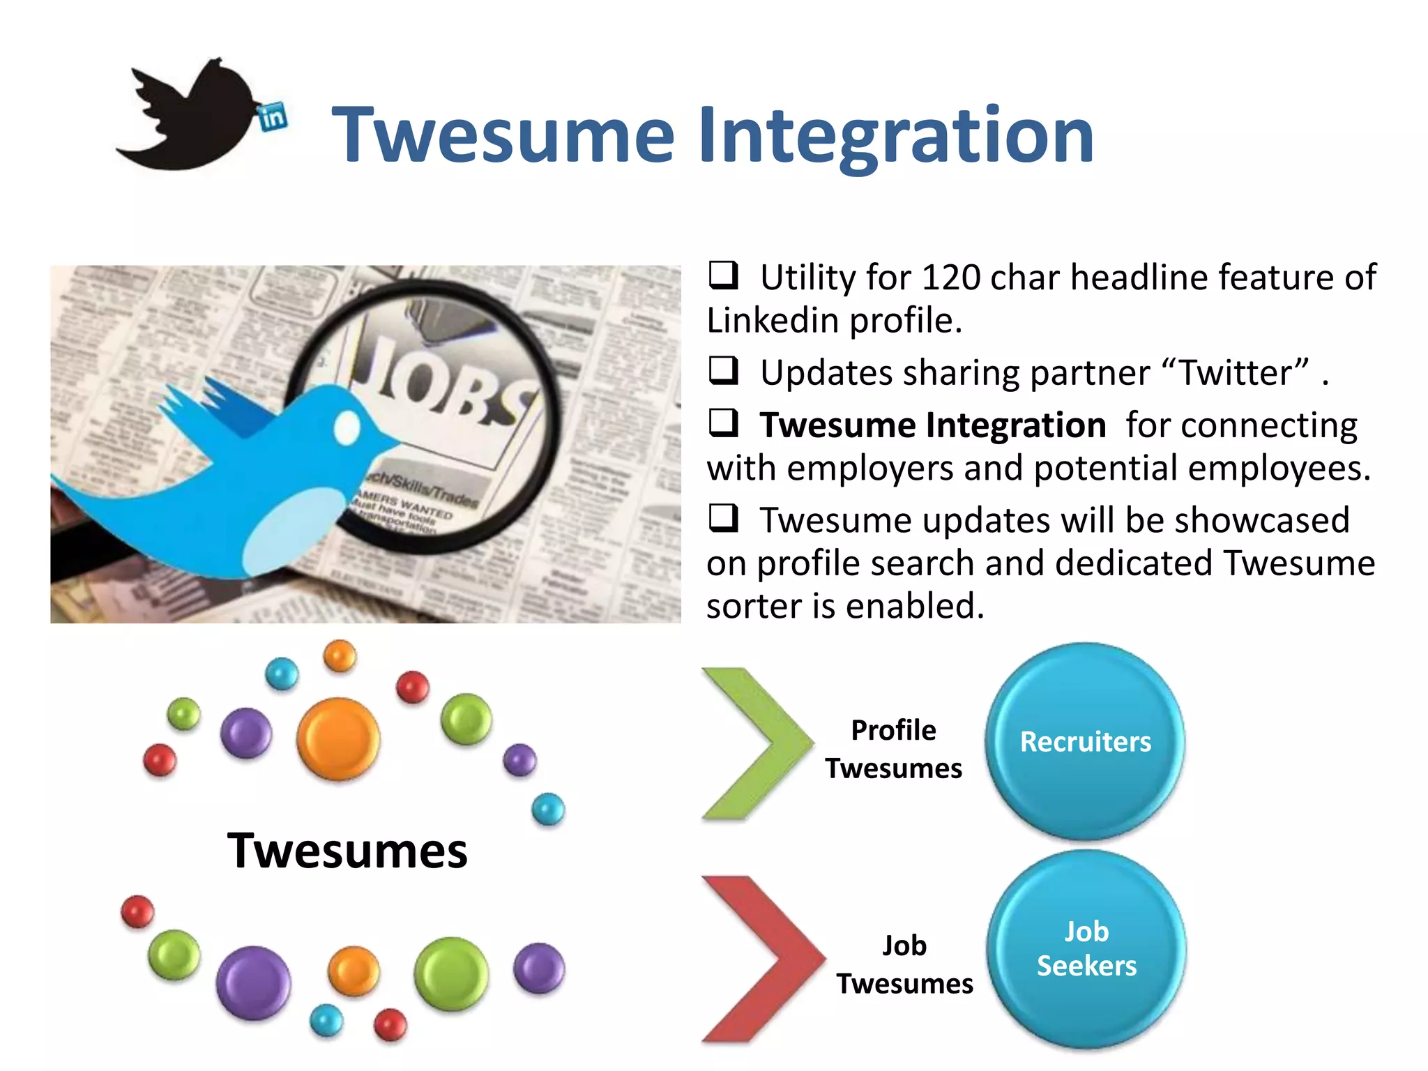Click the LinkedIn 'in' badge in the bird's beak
point(273,116)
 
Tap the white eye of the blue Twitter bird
point(347,427)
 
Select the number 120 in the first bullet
point(951,278)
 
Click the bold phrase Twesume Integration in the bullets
point(932,425)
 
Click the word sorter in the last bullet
point(753,606)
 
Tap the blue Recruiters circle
point(1085,741)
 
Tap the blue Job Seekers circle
point(1086,949)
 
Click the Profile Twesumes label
point(893,750)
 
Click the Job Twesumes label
point(904,965)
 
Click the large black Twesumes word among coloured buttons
point(347,851)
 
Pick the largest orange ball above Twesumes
point(338,738)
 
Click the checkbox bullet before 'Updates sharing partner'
point(723,370)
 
